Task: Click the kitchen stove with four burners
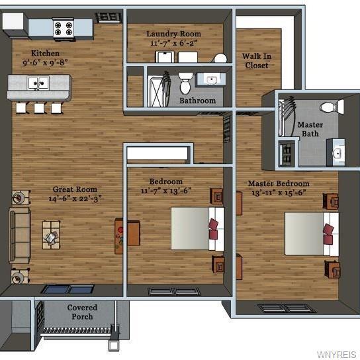(63, 28)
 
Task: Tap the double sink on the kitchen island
(38, 83)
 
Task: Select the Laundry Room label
(174, 34)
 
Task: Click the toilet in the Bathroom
(185, 83)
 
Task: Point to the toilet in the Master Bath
(332, 107)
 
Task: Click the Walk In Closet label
(257, 61)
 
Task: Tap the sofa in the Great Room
(19, 236)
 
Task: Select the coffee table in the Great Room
(51, 235)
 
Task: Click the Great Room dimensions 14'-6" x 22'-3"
(75, 199)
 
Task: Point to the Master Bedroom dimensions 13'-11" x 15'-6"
(279, 193)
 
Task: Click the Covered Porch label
(82, 312)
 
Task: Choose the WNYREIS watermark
(336, 355)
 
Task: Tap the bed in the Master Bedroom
(312, 234)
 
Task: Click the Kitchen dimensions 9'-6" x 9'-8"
(45, 62)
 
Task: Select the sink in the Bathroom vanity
(212, 80)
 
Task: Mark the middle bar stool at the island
(40, 108)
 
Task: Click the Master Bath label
(310, 129)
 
